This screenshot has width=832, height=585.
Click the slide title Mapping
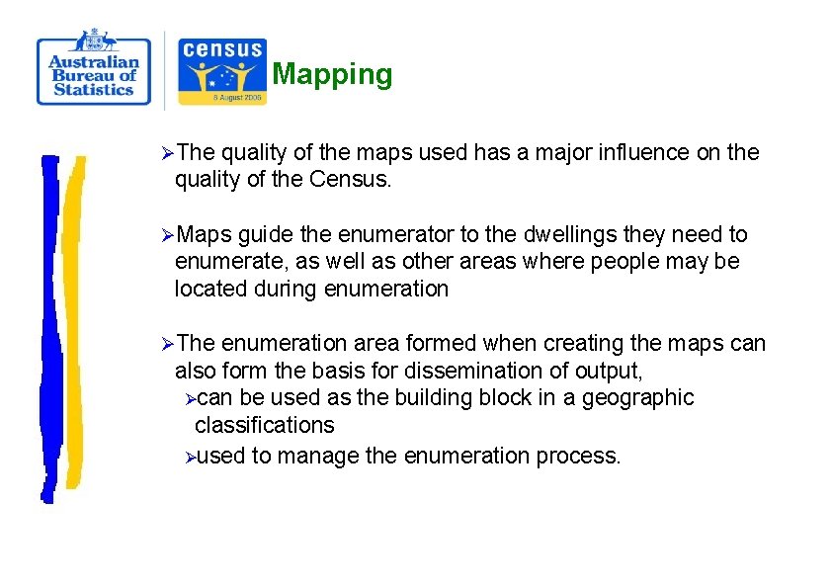click(332, 74)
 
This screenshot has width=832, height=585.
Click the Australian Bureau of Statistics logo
click(94, 68)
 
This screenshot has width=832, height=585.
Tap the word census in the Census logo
click(222, 49)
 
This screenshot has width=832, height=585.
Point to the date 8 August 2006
click(221, 98)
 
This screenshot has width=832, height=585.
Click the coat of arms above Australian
click(94, 40)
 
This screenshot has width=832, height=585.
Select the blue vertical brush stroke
click(49, 326)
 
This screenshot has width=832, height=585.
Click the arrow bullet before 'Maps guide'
click(167, 235)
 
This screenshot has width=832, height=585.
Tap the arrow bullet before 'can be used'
click(190, 398)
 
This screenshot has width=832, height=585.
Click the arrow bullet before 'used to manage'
click(190, 457)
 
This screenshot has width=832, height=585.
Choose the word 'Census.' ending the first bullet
click(351, 179)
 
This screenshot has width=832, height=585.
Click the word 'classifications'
click(264, 425)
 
